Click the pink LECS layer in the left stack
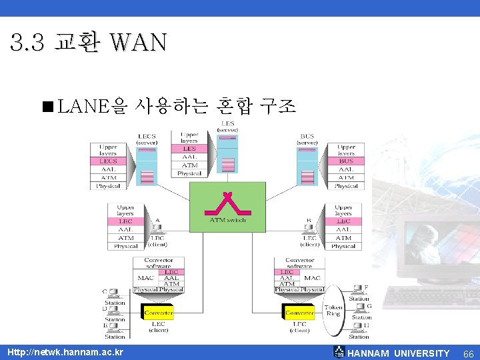tap(108, 161)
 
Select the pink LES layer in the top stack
tap(189, 149)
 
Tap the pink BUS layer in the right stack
tap(346, 161)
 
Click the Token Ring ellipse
tap(333, 311)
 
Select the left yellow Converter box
tap(159, 312)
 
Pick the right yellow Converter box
tap(299, 312)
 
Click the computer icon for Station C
tap(114, 293)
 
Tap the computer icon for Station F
tap(358, 289)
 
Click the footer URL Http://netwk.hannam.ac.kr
tap(65, 352)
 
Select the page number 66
tap(468, 353)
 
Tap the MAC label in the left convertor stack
tap(146, 277)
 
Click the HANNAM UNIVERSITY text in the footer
tap(399, 353)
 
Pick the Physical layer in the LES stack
tap(189, 173)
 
